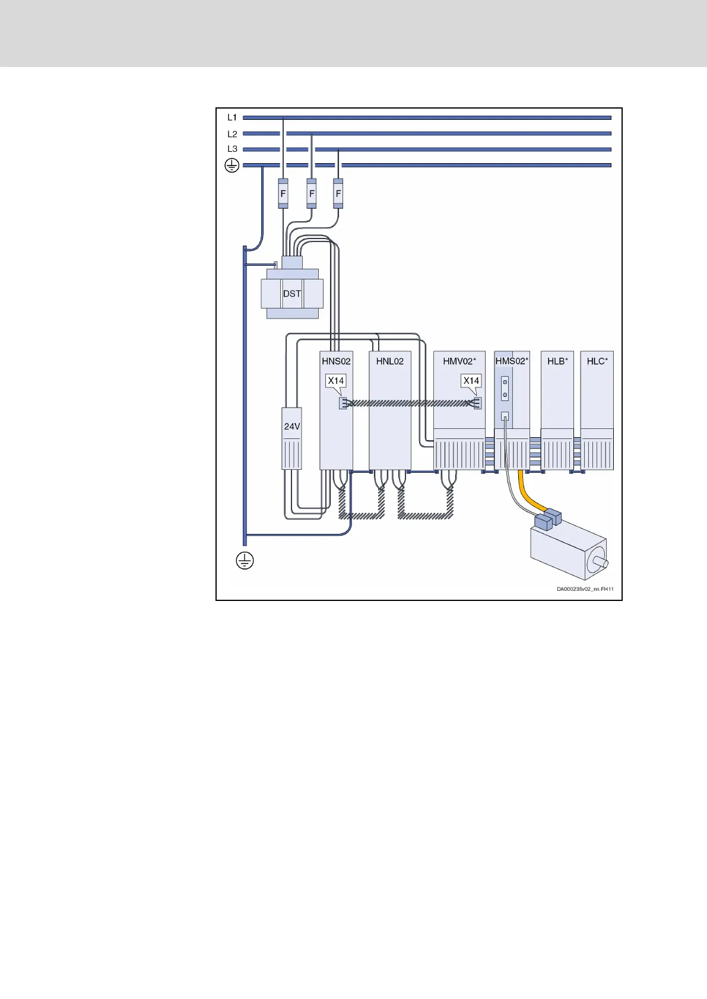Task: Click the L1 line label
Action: (x=232, y=117)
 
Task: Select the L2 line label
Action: (x=232, y=134)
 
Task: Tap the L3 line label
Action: (x=232, y=149)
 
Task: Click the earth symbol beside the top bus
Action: (x=232, y=166)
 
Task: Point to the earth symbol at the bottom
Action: (x=245, y=560)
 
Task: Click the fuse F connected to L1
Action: (x=283, y=193)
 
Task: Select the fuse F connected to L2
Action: (x=311, y=193)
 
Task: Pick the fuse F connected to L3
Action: (x=338, y=193)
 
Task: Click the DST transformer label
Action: (x=291, y=294)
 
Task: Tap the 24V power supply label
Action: (x=291, y=427)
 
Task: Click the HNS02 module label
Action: (x=336, y=361)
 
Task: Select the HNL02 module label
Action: (x=389, y=361)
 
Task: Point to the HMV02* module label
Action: (x=459, y=361)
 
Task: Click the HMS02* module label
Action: (x=512, y=361)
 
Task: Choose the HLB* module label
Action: (x=557, y=361)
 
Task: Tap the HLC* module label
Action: (x=597, y=361)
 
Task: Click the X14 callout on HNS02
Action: (x=336, y=380)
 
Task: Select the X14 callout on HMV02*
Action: (x=471, y=380)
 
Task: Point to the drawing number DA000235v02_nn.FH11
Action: (x=585, y=589)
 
